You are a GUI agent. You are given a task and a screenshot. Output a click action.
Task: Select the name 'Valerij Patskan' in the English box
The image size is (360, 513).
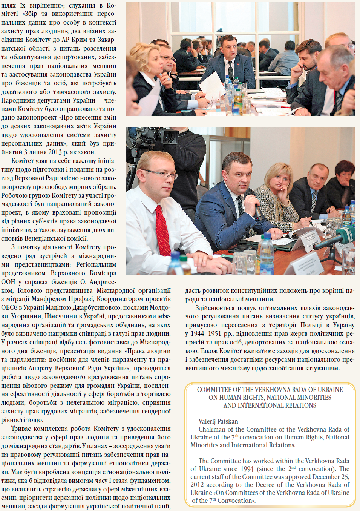click(218, 421)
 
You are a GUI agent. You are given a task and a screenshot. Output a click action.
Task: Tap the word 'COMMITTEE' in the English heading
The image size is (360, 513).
click(214, 390)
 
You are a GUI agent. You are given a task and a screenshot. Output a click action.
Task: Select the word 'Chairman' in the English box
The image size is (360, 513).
click(211, 429)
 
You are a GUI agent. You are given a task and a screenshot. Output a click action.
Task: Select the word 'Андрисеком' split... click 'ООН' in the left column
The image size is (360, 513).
click(8, 282)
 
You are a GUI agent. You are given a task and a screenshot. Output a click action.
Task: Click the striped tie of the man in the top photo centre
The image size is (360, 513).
click(230, 71)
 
